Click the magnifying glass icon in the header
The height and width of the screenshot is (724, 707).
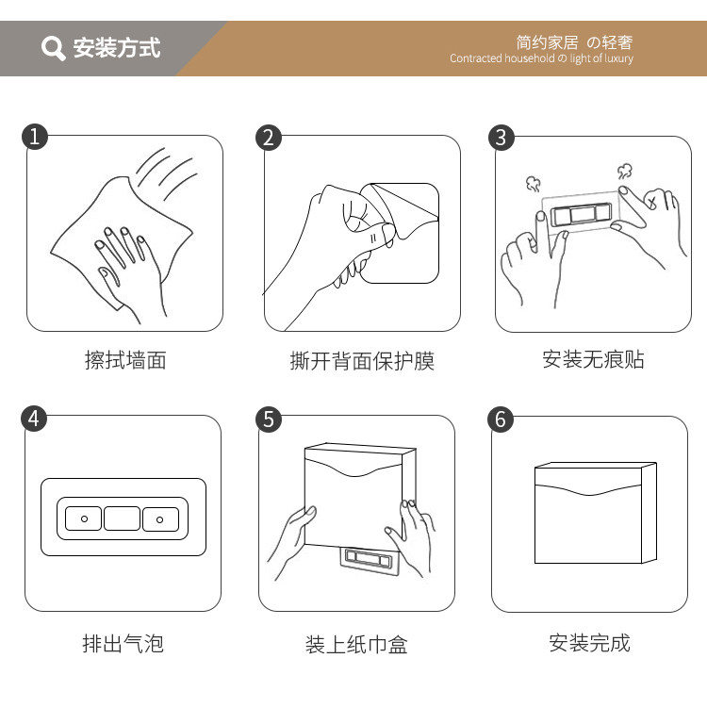pyautogui.click(x=53, y=48)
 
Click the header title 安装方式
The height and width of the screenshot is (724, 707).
pyautogui.click(x=117, y=47)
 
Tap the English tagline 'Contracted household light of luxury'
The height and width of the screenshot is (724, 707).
pyautogui.click(x=541, y=58)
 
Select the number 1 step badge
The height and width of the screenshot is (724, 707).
pyautogui.click(x=35, y=137)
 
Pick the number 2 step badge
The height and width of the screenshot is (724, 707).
pyautogui.click(x=269, y=138)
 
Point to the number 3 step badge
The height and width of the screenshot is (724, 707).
pyautogui.click(x=501, y=138)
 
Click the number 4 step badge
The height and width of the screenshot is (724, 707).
pyautogui.click(x=34, y=419)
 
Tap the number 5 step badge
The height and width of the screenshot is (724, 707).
pyautogui.click(x=269, y=420)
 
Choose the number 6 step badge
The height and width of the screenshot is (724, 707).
pyautogui.click(x=501, y=420)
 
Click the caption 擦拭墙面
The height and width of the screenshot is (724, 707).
pyautogui.click(x=125, y=360)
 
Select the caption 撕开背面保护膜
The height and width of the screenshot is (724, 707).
pyautogui.click(x=362, y=361)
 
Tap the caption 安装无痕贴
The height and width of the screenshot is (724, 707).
pyautogui.click(x=593, y=359)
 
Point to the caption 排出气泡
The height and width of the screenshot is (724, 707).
pyautogui.click(x=123, y=643)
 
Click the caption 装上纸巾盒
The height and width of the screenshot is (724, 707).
pyautogui.click(x=356, y=645)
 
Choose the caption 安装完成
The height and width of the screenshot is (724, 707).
pyautogui.click(x=590, y=643)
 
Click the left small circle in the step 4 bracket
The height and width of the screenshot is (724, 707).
pyautogui.click(x=84, y=519)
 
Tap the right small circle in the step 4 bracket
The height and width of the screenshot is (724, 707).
pyautogui.click(x=159, y=520)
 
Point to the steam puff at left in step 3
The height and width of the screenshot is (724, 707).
pyautogui.click(x=534, y=183)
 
